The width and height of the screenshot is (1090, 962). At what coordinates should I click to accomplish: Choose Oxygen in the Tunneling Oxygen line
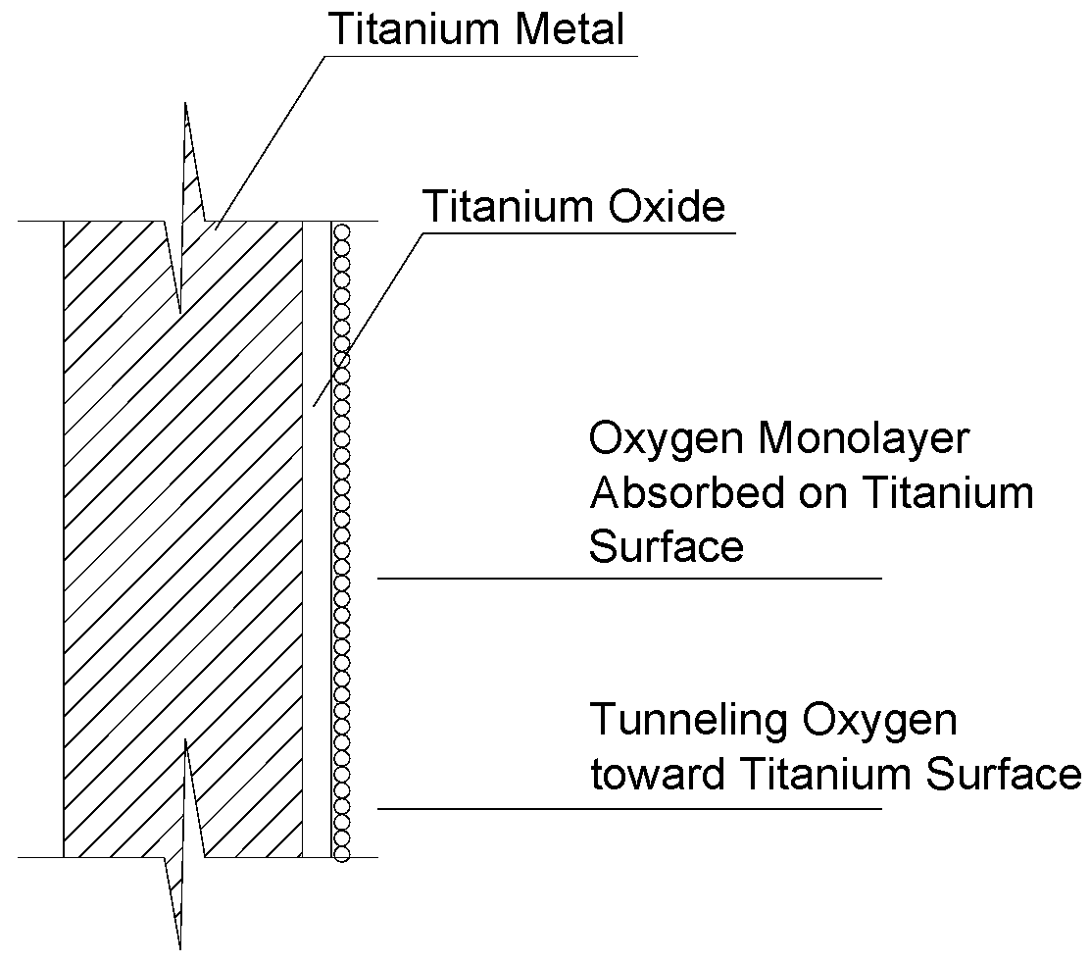pos(879,723)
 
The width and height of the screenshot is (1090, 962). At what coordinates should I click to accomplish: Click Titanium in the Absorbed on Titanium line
pos(946,493)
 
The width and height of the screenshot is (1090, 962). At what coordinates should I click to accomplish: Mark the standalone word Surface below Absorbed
pos(666,546)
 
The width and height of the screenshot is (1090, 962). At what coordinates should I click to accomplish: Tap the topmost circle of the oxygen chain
pos(341,232)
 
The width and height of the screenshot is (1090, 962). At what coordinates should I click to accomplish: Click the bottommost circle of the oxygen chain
pos(341,852)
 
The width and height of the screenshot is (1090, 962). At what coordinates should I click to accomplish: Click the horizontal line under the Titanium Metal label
pos(480,55)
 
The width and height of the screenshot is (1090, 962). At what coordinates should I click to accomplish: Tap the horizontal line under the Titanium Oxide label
pos(578,232)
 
